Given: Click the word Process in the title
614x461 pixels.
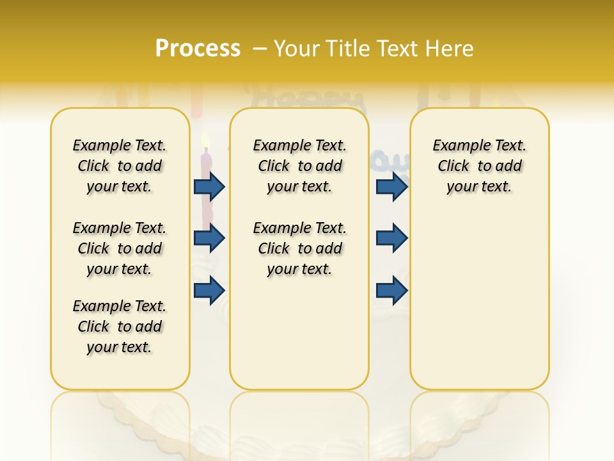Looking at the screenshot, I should [x=198, y=48].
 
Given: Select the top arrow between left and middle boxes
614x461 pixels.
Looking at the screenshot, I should [x=209, y=186].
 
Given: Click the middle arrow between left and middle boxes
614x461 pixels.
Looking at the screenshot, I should [x=209, y=238].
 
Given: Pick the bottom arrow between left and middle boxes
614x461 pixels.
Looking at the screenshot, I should [x=209, y=290].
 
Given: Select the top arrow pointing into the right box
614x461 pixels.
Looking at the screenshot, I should [x=392, y=186].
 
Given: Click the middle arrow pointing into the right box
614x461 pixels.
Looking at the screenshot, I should [x=392, y=238].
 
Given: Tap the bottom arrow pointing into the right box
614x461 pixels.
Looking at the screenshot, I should [x=392, y=290].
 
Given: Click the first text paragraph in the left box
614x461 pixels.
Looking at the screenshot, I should [x=120, y=166].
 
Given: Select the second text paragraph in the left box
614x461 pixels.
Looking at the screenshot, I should [x=120, y=248].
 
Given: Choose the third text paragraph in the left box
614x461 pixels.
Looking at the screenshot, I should [x=120, y=327].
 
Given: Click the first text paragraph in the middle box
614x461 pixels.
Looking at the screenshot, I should [x=299, y=166].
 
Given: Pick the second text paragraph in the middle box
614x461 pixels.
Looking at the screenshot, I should [x=299, y=248].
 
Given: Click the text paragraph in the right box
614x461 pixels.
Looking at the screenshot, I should [x=479, y=166].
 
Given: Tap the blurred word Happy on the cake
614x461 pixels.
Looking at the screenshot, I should [x=307, y=99].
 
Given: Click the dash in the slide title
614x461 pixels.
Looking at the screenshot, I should [x=260, y=48].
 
